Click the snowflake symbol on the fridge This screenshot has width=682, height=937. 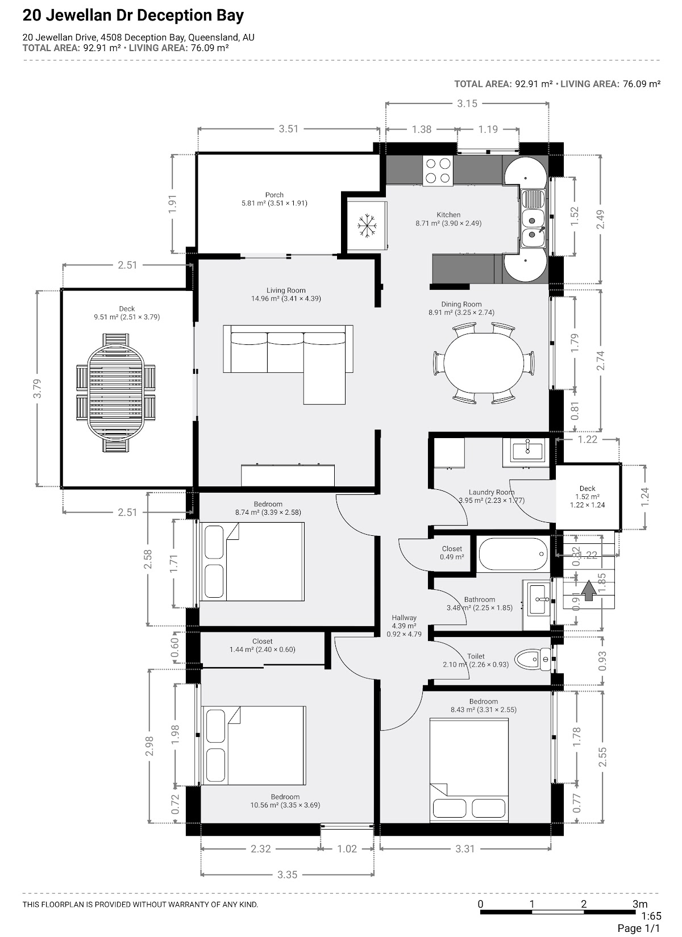tap(367, 226)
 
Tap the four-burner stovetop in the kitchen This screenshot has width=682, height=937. tap(438, 170)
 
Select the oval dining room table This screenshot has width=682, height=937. tap(484, 363)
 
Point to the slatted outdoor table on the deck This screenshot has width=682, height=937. tap(116, 393)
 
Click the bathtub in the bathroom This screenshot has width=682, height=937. tap(513, 554)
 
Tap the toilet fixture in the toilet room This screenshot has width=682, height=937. tap(533, 660)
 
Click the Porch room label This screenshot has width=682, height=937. tap(274, 195)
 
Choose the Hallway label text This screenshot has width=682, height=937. tap(404, 618)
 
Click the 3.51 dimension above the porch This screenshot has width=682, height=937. tap(289, 129)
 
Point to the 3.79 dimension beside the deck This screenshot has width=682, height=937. tap(38, 388)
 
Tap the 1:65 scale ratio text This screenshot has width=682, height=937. tap(651, 915)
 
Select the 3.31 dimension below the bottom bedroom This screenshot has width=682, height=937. tap(465, 849)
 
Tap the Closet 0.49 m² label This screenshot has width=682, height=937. tap(452, 552)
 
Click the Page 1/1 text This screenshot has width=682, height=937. tap(638, 928)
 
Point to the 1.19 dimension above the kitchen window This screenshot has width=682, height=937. tap(488, 129)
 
